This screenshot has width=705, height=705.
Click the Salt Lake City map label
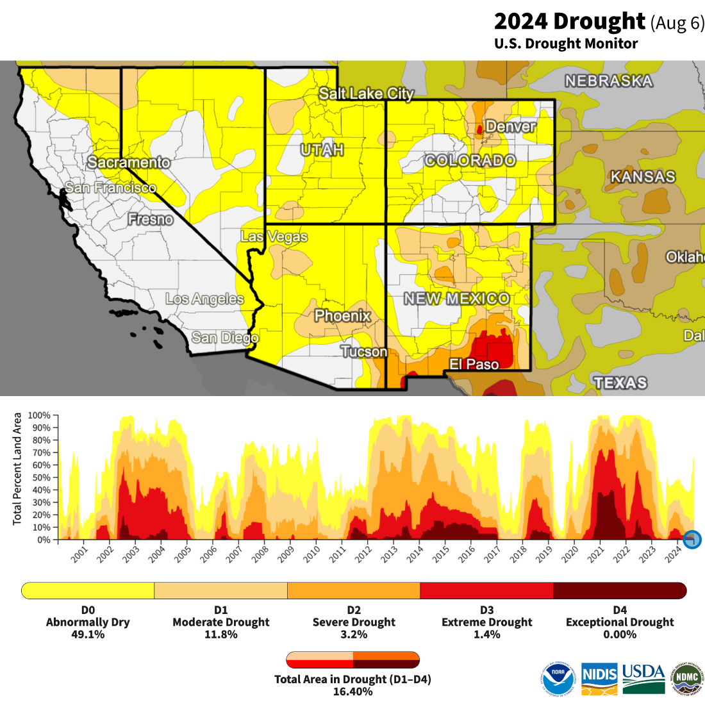[367, 94]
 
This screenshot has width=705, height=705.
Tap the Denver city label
[511, 126]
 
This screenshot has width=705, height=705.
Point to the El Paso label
[474, 364]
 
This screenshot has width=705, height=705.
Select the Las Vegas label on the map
[274, 236]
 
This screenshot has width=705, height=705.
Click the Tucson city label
[364, 351]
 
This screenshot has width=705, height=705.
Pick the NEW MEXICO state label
[456, 299]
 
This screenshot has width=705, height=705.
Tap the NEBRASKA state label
[608, 81]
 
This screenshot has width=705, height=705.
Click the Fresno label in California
[151, 219]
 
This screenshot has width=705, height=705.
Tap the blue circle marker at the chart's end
[692, 540]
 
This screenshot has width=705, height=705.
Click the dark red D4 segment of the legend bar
[619, 590]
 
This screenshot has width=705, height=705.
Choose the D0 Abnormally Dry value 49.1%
[88, 634]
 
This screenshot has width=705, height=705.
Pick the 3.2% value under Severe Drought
[354, 634]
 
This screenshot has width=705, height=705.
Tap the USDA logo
[643, 678]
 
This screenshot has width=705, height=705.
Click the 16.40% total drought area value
[352, 692]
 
